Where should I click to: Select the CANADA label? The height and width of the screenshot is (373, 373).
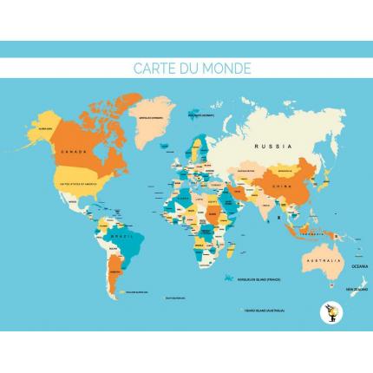click(x=73, y=151)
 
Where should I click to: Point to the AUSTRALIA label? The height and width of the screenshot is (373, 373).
click(x=321, y=262)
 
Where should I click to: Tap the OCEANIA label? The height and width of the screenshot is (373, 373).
click(x=358, y=265)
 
